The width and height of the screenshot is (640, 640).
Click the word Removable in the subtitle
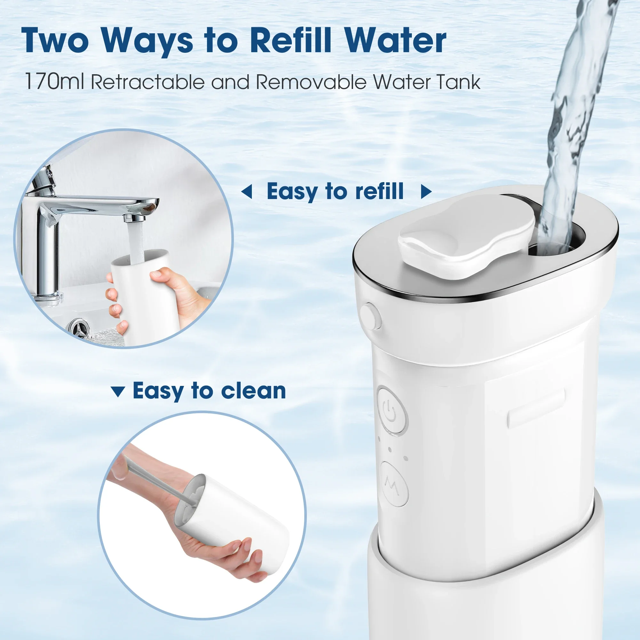coord(311,82)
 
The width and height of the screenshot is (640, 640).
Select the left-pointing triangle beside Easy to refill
coord(247,192)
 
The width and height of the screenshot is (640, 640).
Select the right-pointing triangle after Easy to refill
coord(426,192)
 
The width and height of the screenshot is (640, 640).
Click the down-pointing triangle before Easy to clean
coord(118,392)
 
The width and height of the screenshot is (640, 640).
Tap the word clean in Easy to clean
coord(253,391)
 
